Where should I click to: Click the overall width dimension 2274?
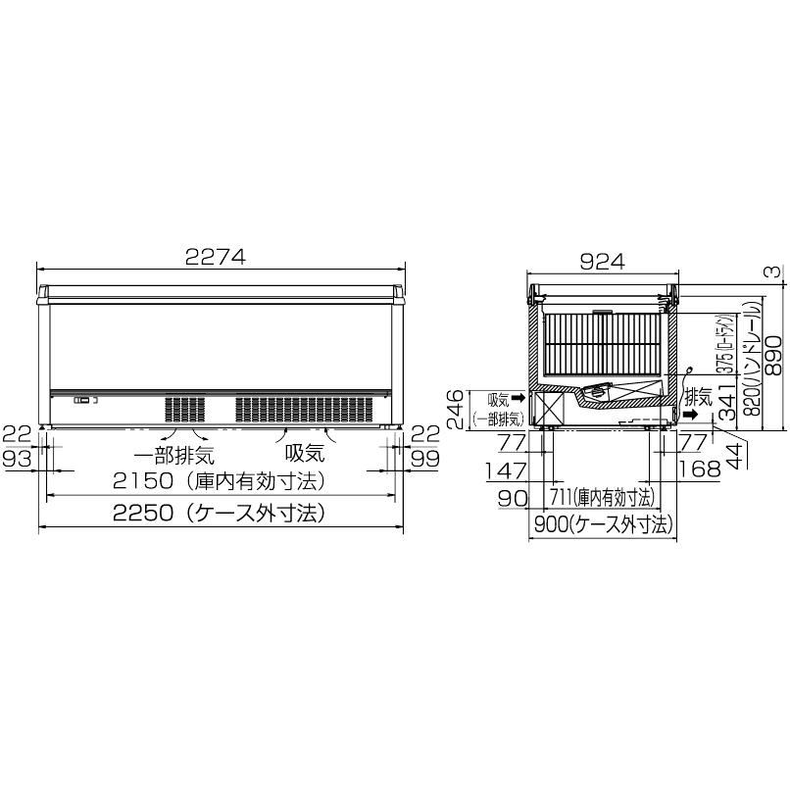pyautogui.click(x=216, y=257)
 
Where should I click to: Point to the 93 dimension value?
pyautogui.click(x=18, y=459)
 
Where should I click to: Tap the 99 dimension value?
pyautogui.click(x=424, y=459)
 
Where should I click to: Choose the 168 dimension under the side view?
pyautogui.click(x=700, y=470)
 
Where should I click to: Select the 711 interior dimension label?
pyautogui.click(x=603, y=497)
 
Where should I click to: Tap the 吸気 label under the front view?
pyautogui.click(x=304, y=454)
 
